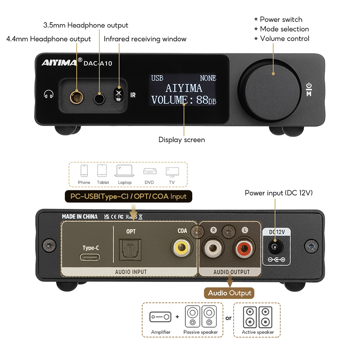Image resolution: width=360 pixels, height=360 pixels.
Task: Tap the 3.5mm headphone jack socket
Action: click(99, 97)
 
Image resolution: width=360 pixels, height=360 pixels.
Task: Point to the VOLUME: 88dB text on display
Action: click(184, 100)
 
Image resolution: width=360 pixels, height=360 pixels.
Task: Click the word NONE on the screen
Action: click(208, 78)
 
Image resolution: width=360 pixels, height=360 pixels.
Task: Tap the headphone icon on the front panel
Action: click(48, 94)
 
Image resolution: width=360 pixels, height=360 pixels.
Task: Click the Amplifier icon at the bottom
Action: click(161, 317)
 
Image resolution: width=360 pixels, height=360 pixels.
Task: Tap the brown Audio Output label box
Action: click(229, 293)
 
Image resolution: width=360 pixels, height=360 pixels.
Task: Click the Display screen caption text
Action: click(181, 140)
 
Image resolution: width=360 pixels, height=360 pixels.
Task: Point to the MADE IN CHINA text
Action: click(79, 216)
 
